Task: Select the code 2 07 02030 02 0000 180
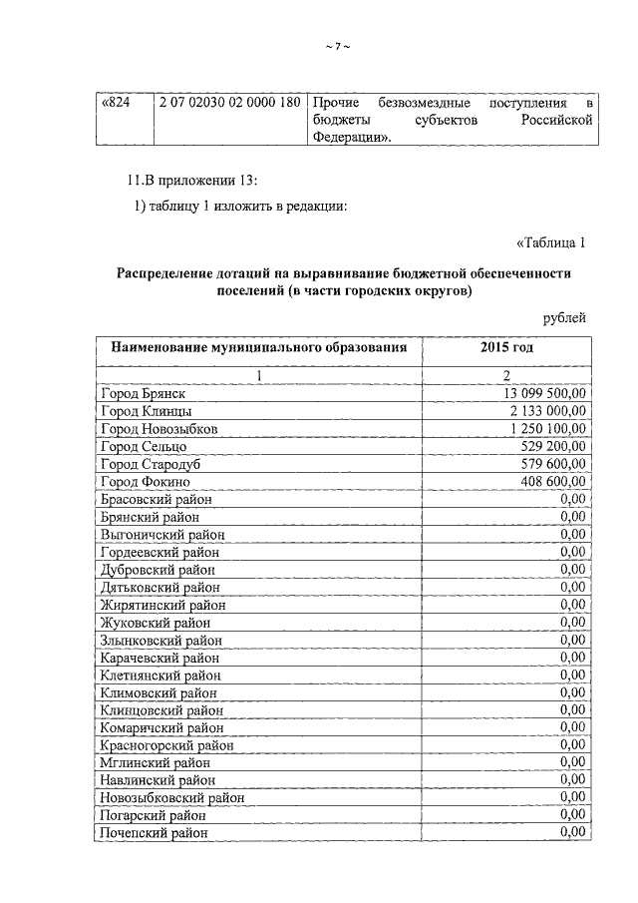click(x=229, y=104)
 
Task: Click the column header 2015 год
click(x=506, y=347)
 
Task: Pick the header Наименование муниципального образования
click(x=259, y=347)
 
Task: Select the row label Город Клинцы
click(x=147, y=411)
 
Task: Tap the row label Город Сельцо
click(x=144, y=446)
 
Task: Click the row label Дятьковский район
click(x=159, y=587)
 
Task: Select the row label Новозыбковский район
click(x=172, y=797)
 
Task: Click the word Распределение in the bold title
click(x=167, y=273)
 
